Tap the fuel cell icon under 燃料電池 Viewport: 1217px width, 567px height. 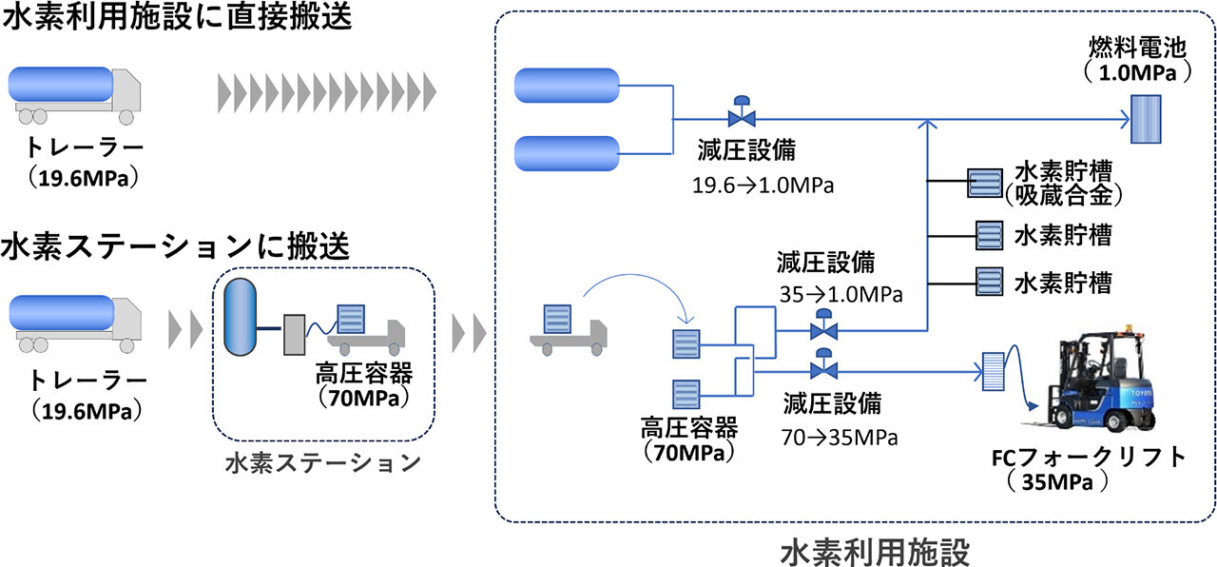[1145, 121]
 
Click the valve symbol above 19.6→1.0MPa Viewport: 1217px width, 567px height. [738, 115]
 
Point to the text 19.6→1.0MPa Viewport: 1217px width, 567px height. [763, 185]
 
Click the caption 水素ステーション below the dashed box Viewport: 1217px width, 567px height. [323, 463]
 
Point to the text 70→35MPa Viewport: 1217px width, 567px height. [839, 438]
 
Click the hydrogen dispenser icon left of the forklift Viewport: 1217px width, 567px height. [995, 372]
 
